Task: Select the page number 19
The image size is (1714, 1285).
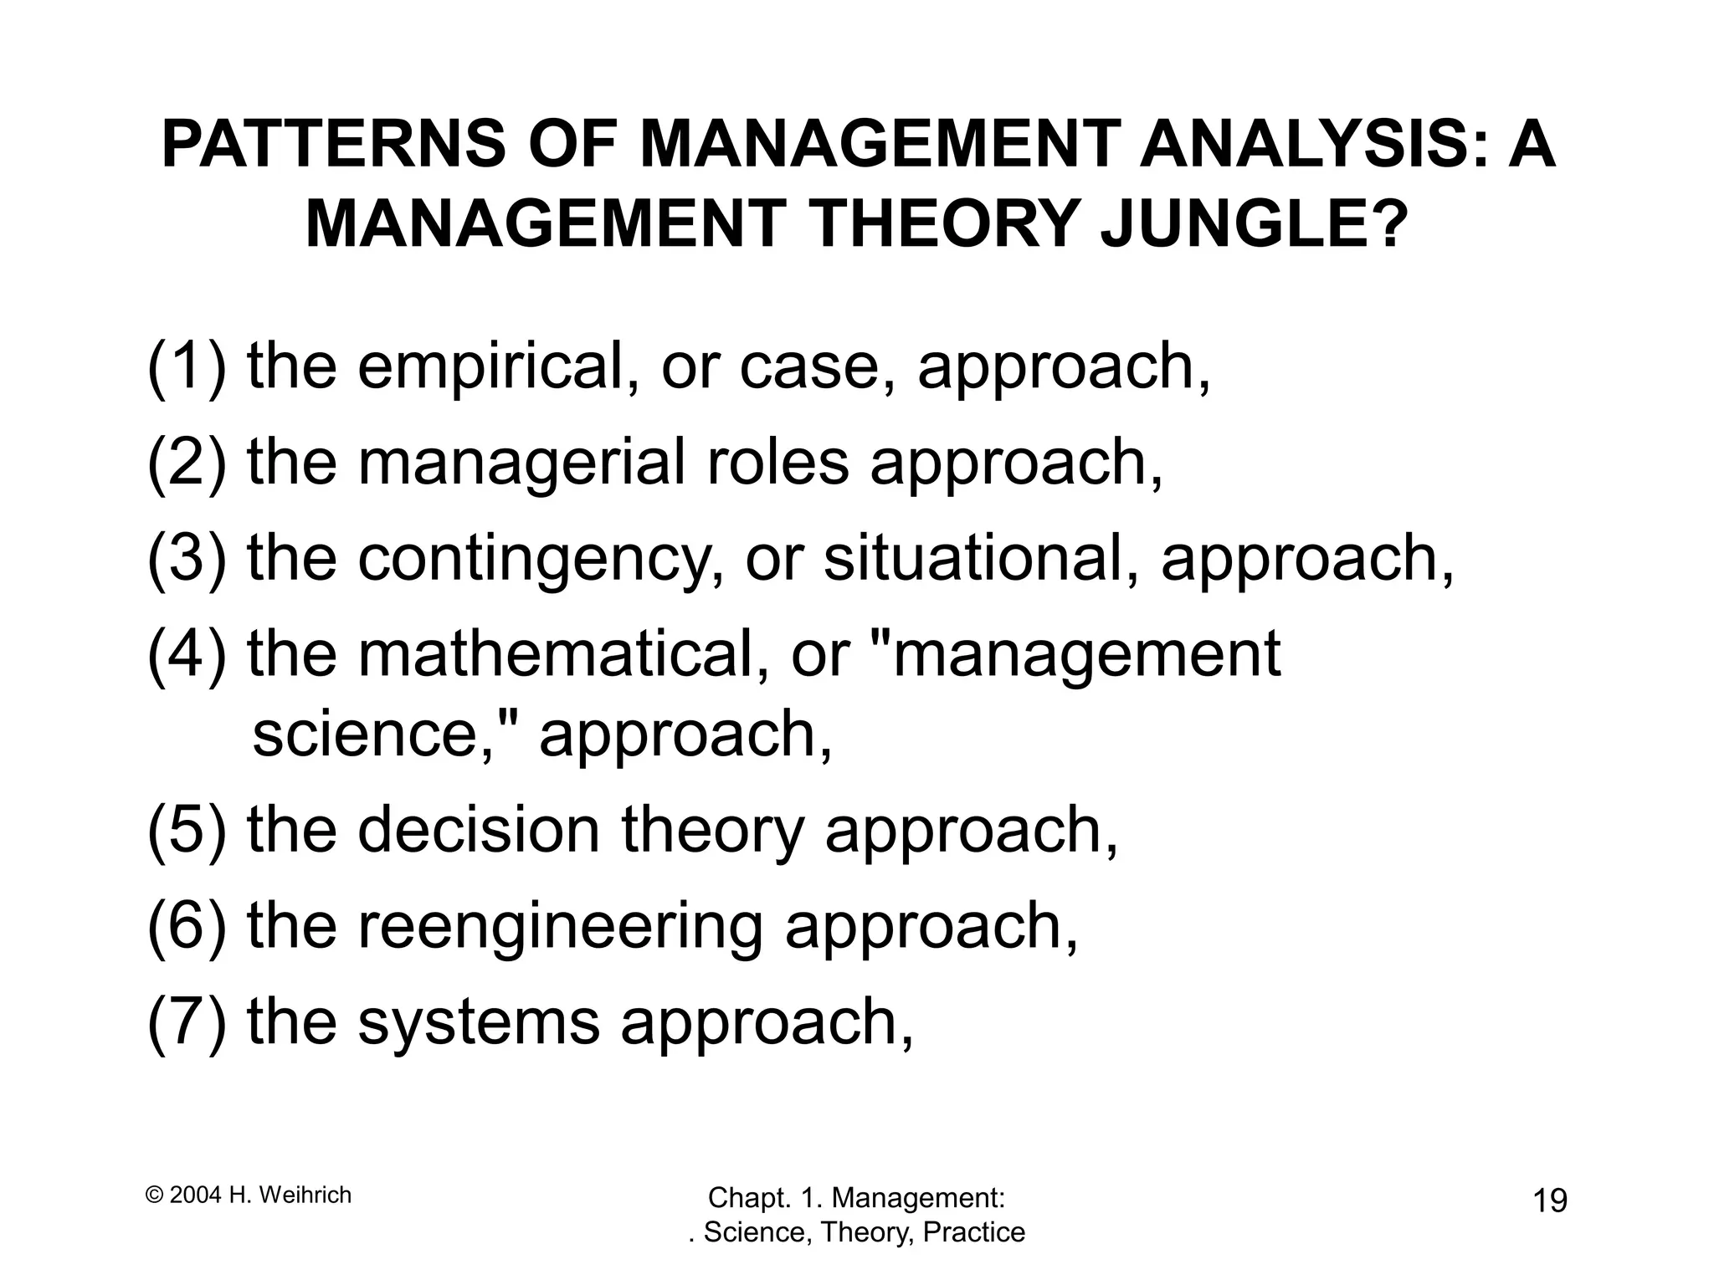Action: (x=1550, y=1201)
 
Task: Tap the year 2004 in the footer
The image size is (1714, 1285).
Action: (x=196, y=1195)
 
